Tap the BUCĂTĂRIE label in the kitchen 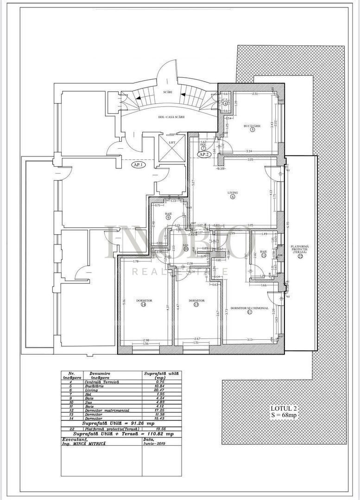pos(253,125)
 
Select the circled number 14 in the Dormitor pos(144,305)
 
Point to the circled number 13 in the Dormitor pos(196,305)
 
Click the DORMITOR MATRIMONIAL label pos(249,307)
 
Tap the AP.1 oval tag pos(138,164)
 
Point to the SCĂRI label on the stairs pos(167,92)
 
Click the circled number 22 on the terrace pos(300,257)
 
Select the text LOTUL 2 pos(284,408)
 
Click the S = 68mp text pos(284,415)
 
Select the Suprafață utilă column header pos(161,375)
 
